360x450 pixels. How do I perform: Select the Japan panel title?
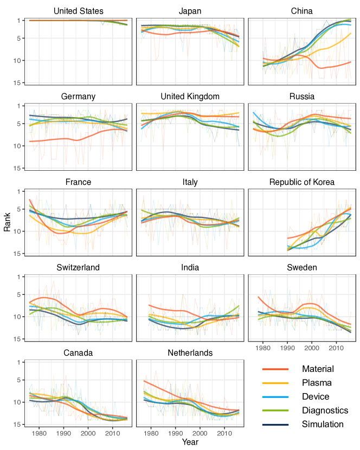[x=190, y=11]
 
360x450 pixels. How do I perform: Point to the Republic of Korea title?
[x=302, y=182]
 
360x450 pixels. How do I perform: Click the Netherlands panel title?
[x=190, y=353]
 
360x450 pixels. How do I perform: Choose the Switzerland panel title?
[x=79, y=267]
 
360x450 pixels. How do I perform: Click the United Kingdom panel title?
[x=190, y=97]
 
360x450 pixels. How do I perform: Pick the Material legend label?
[x=318, y=369]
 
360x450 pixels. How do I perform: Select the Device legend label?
[x=316, y=397]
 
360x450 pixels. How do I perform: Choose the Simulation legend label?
[x=323, y=424]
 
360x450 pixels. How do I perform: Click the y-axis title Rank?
[x=7, y=222]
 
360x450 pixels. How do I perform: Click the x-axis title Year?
[x=190, y=442]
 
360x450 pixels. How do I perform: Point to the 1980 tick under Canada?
[x=39, y=433]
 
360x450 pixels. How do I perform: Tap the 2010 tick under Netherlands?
[x=224, y=433]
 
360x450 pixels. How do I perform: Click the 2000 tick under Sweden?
[x=311, y=347]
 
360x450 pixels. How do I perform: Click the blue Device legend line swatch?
[x=275, y=397]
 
